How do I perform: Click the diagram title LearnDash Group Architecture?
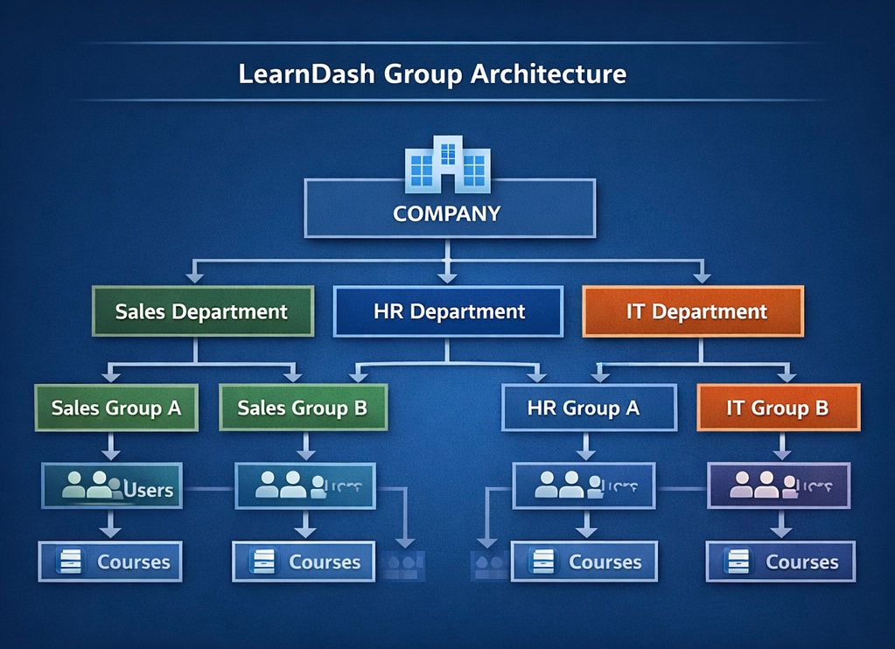tap(432, 73)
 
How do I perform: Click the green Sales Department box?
tap(202, 311)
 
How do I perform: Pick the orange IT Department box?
tap(693, 311)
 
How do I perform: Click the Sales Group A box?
tap(116, 408)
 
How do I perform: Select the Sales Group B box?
tap(303, 408)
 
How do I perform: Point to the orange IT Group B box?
tap(778, 408)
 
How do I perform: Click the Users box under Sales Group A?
tap(111, 486)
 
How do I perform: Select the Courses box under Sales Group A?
tap(110, 562)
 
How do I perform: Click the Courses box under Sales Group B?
tap(304, 562)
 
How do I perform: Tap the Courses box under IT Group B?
tap(780, 562)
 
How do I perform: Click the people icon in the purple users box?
tap(754, 485)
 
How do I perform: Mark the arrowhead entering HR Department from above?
tap(447, 277)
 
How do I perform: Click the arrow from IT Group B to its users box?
tap(782, 447)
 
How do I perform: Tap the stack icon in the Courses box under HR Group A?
tap(542, 562)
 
